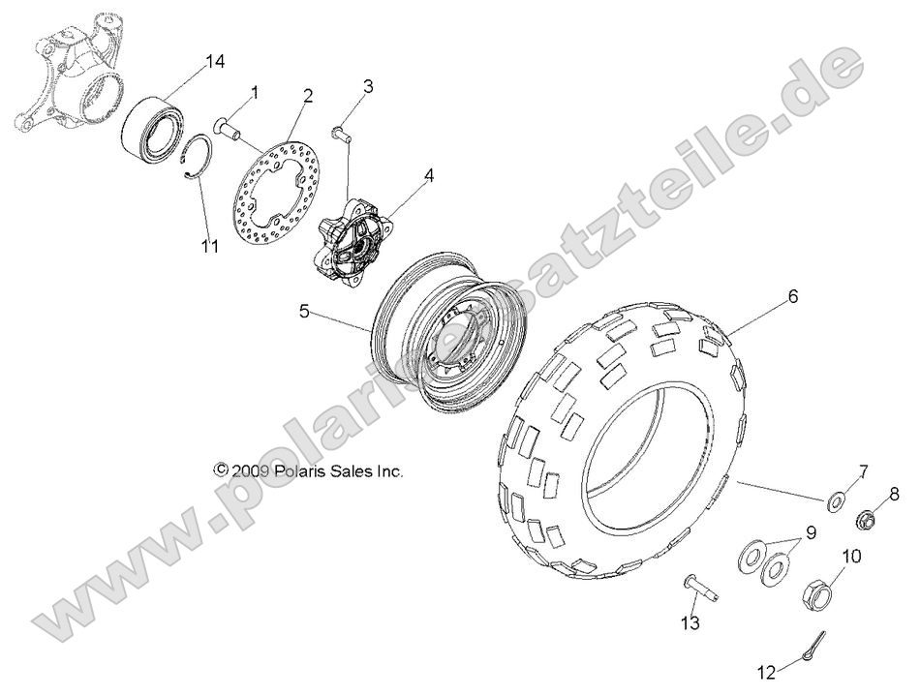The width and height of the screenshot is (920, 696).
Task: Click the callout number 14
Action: point(214,61)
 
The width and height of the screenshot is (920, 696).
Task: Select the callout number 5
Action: point(303,313)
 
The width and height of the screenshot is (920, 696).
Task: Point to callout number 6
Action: point(792,297)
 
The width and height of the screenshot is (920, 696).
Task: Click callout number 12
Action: point(766,669)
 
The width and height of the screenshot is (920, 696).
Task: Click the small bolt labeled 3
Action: point(341,133)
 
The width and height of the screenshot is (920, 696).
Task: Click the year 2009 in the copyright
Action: point(252,471)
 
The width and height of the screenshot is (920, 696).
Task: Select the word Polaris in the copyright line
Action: point(300,471)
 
